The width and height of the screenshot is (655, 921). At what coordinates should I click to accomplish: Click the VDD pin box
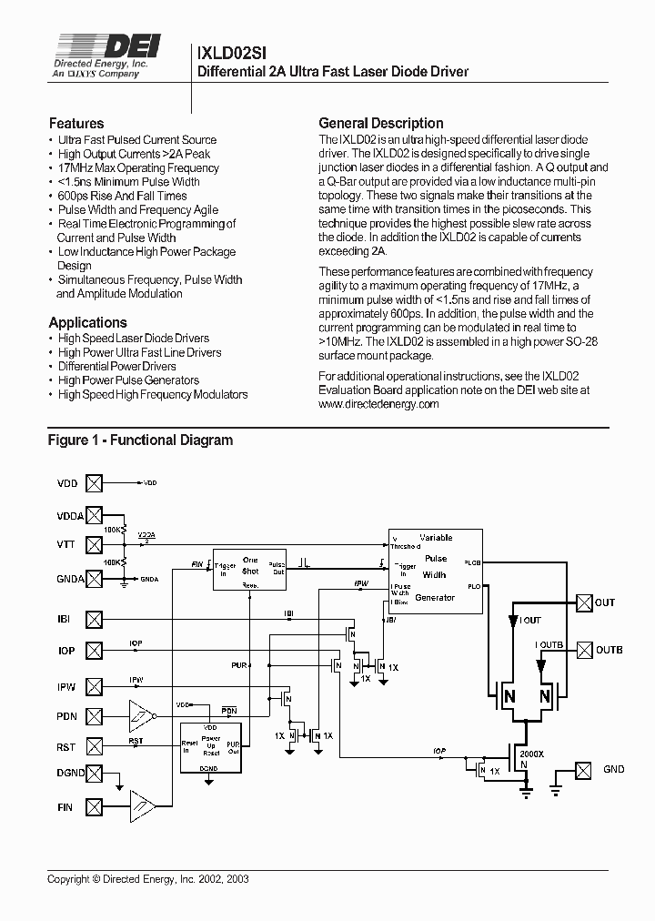point(94,482)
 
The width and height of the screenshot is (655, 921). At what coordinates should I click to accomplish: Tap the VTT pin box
point(94,544)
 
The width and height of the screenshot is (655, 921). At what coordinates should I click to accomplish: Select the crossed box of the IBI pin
point(94,620)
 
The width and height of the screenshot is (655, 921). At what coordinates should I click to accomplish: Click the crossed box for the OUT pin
point(583,602)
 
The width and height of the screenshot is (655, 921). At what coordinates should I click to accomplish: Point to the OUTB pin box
point(583,650)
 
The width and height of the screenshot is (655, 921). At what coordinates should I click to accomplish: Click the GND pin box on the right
point(583,769)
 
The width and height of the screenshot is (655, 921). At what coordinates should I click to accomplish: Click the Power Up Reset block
point(211,746)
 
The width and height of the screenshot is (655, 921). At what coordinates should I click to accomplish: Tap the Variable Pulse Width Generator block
point(435,568)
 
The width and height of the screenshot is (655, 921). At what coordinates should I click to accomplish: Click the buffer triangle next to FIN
point(141,804)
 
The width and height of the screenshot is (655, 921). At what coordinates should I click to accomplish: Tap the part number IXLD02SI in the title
point(232,54)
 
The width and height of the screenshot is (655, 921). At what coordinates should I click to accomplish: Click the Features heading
point(76,123)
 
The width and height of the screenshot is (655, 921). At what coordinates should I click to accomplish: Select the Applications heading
point(87,322)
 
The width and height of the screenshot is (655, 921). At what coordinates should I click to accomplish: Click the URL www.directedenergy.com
point(379,403)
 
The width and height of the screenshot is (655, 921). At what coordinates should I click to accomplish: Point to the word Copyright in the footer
point(69,879)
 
